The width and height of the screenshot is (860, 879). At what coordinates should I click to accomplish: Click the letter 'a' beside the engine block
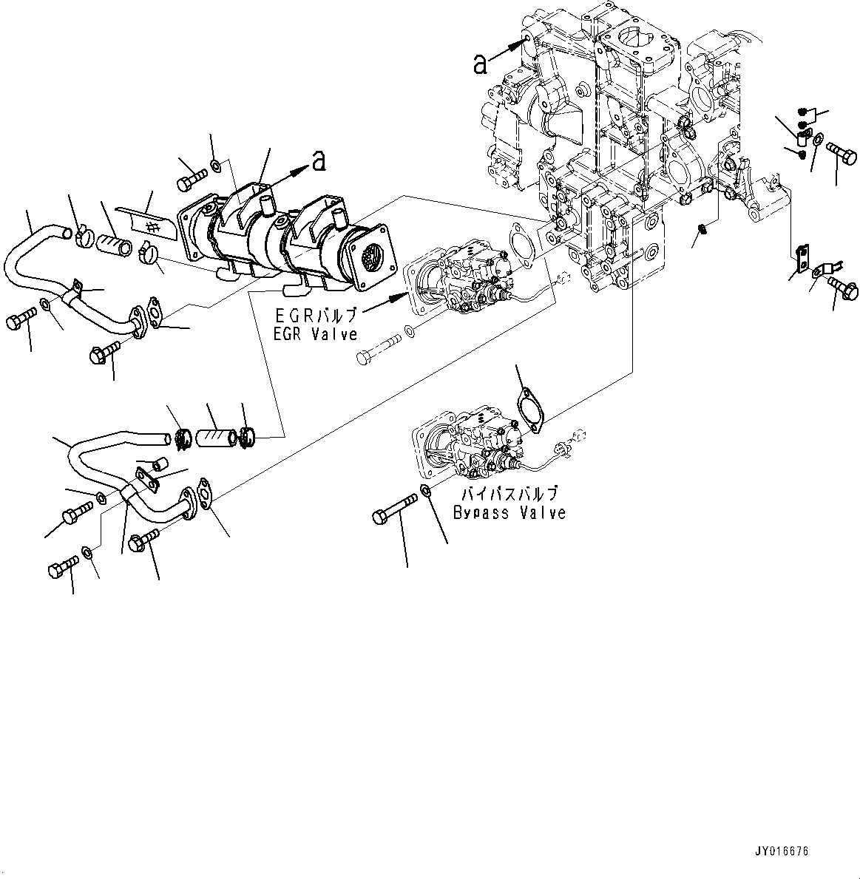[481, 65]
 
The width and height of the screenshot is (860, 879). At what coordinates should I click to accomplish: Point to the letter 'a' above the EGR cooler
[319, 160]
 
